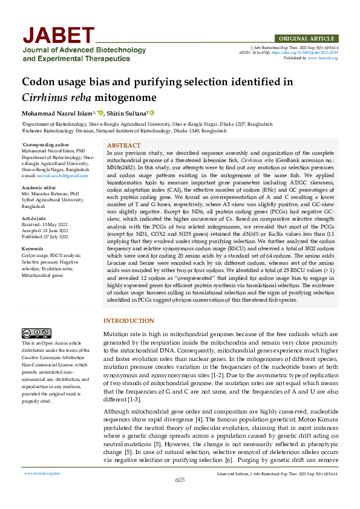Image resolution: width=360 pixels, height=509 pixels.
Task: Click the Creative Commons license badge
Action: (x=36, y=333)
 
